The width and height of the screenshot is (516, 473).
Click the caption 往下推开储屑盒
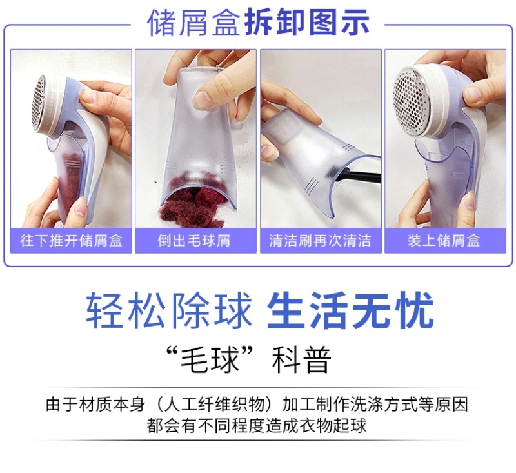coord(71,241)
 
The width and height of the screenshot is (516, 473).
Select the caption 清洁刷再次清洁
coord(321,241)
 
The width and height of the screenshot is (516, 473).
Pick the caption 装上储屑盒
coord(445,241)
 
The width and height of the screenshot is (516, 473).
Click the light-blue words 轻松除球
coord(169,310)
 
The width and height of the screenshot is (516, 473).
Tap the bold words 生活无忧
coord(350,310)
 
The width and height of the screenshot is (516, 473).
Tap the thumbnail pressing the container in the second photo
coord(203,99)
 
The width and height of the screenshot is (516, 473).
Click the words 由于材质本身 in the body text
coord(95,405)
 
